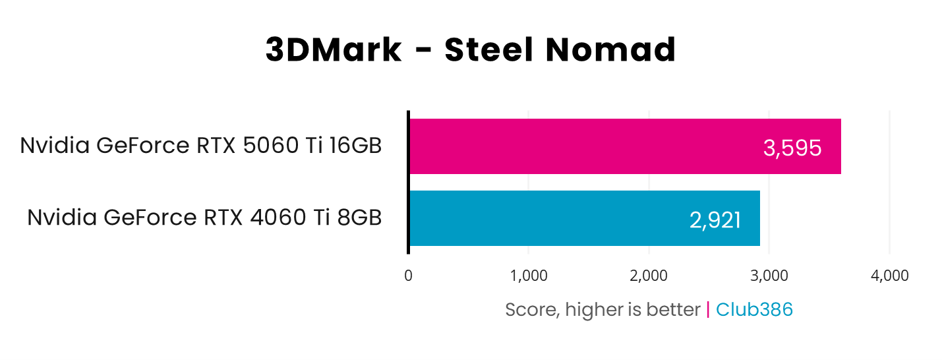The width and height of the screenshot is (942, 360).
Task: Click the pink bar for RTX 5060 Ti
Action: [x=593, y=146]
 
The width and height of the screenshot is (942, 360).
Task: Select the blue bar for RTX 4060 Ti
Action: [x=560, y=218]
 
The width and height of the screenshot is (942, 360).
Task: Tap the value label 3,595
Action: [x=792, y=148]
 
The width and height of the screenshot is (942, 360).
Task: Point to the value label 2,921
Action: [x=715, y=220]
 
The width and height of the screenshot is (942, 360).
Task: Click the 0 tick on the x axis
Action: [x=409, y=276]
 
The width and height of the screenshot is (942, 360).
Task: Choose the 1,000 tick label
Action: [x=529, y=276]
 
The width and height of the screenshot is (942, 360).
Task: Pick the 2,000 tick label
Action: [x=649, y=276]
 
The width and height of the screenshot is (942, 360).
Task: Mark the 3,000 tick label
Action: [x=769, y=276]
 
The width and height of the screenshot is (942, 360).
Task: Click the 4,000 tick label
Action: [x=889, y=276]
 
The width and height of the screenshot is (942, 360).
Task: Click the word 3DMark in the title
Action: [x=334, y=50]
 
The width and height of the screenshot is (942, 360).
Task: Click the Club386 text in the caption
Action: [x=754, y=309]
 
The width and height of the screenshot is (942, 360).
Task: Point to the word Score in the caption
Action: [x=525, y=309]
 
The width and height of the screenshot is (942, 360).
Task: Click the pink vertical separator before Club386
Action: [x=708, y=309]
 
